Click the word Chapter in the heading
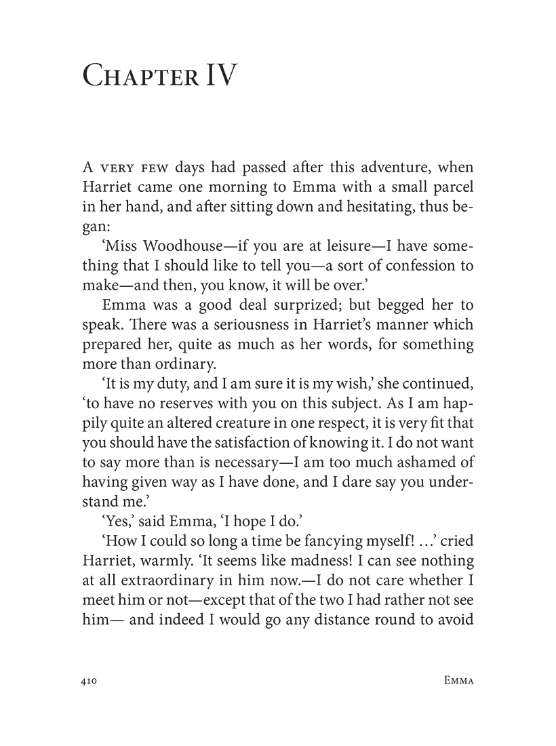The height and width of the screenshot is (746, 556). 138,76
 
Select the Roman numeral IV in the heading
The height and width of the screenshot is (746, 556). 218,76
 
